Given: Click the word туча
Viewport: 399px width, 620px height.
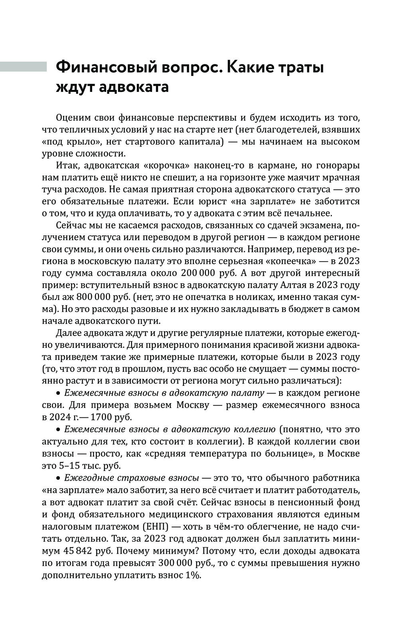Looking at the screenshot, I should [51, 189].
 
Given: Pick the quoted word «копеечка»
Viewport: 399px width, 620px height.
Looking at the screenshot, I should [285, 261].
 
